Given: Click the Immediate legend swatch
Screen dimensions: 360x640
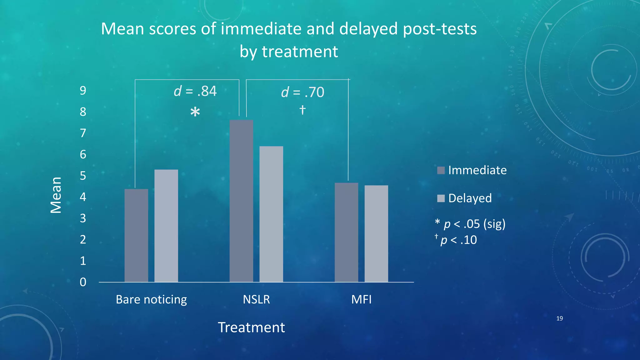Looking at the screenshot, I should pyautogui.click(x=441, y=170).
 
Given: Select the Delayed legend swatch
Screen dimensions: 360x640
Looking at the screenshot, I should pyautogui.click(x=441, y=198).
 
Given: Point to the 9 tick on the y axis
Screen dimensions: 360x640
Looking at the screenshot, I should pyautogui.click(x=83, y=91).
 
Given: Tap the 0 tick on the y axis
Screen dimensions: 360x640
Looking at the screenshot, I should pyautogui.click(x=83, y=282).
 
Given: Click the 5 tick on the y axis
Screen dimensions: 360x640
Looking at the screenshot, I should pyautogui.click(x=83, y=176).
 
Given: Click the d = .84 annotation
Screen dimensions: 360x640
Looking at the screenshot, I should pyautogui.click(x=195, y=91).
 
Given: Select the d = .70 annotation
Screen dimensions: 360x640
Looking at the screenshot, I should pyautogui.click(x=302, y=92).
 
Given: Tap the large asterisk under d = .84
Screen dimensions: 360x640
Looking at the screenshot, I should pyautogui.click(x=195, y=112).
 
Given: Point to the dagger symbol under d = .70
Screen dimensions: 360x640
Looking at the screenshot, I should pyautogui.click(x=302, y=110).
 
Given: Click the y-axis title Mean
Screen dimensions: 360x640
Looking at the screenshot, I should pyautogui.click(x=56, y=195).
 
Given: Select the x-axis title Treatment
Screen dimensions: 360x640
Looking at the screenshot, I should pyautogui.click(x=251, y=327).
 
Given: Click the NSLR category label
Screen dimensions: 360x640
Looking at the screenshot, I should pyautogui.click(x=256, y=299).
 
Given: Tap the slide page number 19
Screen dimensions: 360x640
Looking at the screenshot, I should pyautogui.click(x=559, y=318).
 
